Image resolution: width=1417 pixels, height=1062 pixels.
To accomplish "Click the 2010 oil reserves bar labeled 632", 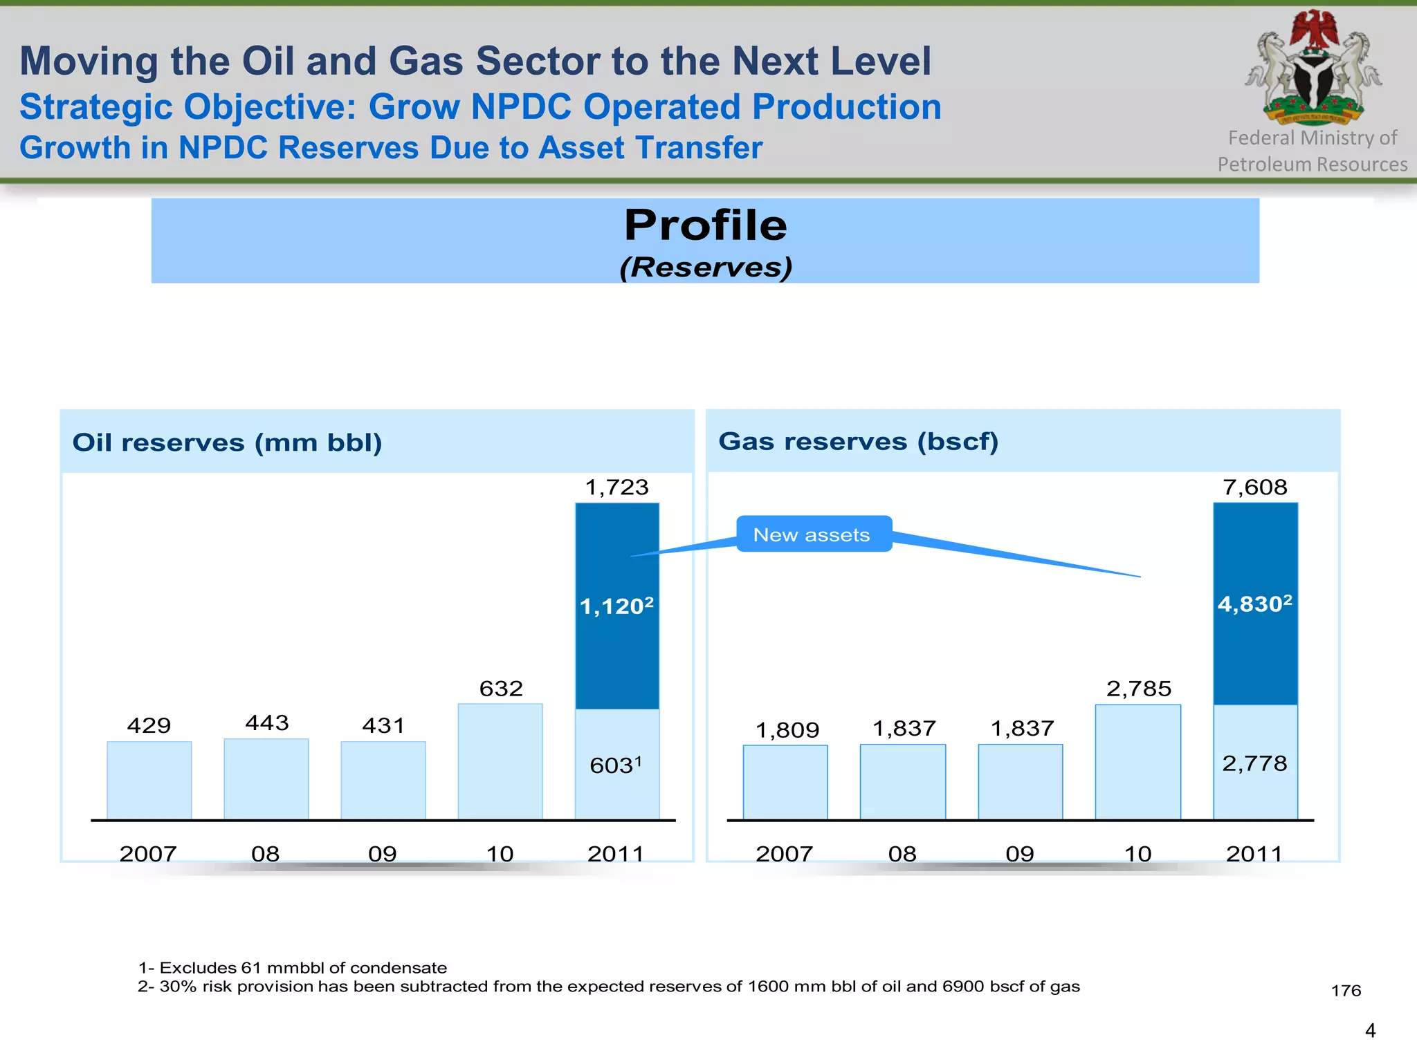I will pyautogui.click(x=500, y=762).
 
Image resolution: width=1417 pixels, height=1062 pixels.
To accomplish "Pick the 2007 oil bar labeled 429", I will pyautogui.click(x=149, y=780).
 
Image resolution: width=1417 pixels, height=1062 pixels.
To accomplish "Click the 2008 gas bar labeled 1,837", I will pyautogui.click(x=902, y=781).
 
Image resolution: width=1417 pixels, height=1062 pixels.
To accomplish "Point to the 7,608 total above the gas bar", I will pyautogui.click(x=1255, y=487).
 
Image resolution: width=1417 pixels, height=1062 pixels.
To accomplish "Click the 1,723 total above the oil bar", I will pyautogui.click(x=616, y=487).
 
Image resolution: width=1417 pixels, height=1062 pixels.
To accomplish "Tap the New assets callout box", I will pyautogui.click(x=814, y=534).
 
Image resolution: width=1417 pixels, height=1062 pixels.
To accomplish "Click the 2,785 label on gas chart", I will pyautogui.click(x=1138, y=689).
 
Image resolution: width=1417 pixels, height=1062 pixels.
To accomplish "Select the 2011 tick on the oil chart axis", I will pyautogui.click(x=616, y=854).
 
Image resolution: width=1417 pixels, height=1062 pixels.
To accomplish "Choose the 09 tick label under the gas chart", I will pyautogui.click(x=1020, y=854).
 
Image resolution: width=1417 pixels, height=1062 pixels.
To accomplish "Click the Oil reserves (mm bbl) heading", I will pyautogui.click(x=227, y=442).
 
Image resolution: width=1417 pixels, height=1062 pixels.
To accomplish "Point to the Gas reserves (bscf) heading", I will pyautogui.click(x=858, y=441).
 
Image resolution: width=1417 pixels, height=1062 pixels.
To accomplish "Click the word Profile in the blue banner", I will pyautogui.click(x=706, y=225).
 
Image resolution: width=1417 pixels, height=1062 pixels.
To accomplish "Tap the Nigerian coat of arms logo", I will pyautogui.click(x=1312, y=69).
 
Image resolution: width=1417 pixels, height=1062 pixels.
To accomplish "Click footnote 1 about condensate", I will pyautogui.click(x=293, y=967).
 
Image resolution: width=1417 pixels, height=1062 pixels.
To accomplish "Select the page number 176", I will pyautogui.click(x=1346, y=991).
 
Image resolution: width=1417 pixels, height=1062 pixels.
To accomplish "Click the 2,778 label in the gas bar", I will pyautogui.click(x=1254, y=763).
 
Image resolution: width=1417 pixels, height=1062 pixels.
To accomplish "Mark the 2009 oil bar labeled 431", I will pyautogui.click(x=383, y=780).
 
